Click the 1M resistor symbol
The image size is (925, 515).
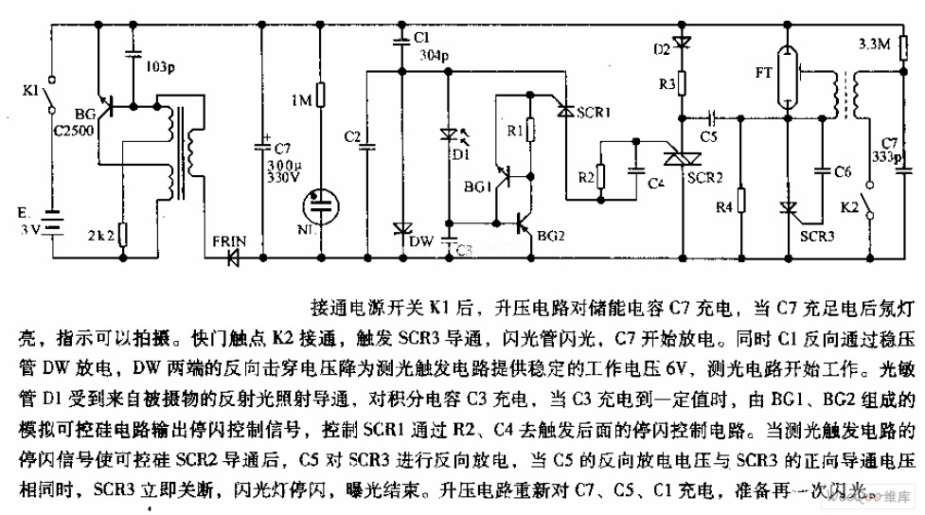pos(322,97)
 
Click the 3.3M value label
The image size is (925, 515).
pos(872,44)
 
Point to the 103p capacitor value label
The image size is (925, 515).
pos(160,69)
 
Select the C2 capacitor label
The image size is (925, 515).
pos(352,136)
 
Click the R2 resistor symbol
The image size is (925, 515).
pos(599,174)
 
